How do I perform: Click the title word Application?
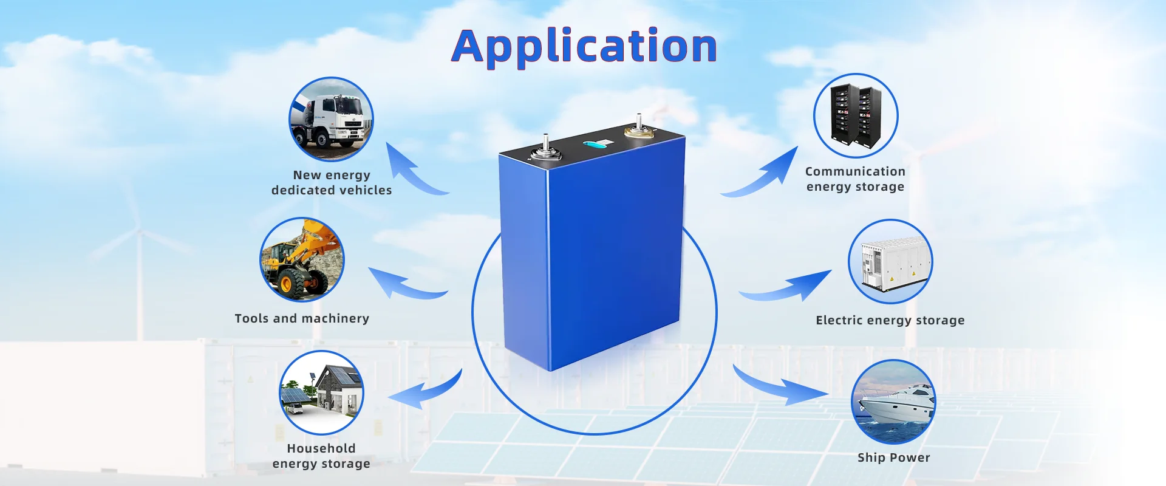pos(584,47)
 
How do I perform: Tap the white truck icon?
pos(331,119)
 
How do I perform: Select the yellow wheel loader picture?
pos(302,259)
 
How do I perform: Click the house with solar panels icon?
pos(321,392)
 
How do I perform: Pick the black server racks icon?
pos(856,116)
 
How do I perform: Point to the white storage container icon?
pos(890,262)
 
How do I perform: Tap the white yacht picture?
pos(893,402)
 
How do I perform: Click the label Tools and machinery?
pos(302,318)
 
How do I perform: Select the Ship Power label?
pos(893,457)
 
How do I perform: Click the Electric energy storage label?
pos(890,320)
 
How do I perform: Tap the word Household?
pos(321,448)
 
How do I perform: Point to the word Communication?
pos(855,171)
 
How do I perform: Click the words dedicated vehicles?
pos(332,190)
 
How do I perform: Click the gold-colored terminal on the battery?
pos(639,129)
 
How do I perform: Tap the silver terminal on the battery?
pos(546,150)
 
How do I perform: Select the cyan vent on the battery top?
pos(598,144)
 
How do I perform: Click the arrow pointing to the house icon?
pos(425,392)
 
